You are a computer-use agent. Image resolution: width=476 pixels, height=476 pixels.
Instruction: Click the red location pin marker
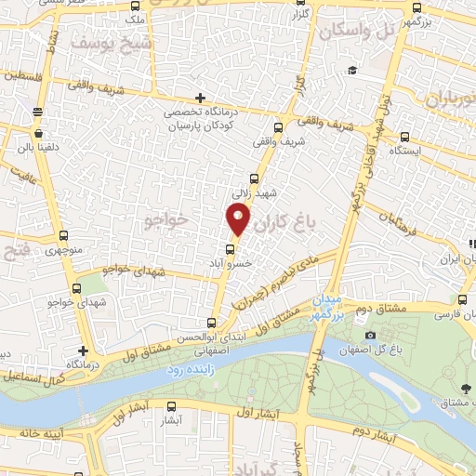[238, 218]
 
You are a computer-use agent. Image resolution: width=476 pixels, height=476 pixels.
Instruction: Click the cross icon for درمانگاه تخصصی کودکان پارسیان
[201, 98]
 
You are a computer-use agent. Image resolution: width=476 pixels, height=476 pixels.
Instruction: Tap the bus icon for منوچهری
[63, 236]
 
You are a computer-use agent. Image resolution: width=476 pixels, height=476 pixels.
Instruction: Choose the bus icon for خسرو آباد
[231, 248]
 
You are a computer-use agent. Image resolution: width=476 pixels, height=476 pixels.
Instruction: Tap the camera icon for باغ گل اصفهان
[370, 336]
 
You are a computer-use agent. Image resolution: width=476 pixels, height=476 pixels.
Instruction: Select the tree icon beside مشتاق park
[465, 387]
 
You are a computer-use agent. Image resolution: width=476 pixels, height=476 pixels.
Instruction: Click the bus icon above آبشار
[172, 406]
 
